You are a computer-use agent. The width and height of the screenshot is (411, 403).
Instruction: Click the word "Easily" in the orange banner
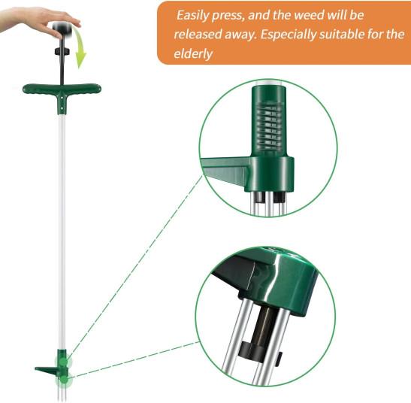(x=192, y=15)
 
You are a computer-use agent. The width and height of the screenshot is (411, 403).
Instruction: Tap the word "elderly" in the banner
(x=193, y=54)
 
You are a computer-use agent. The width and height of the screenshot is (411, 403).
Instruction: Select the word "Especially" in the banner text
(x=288, y=35)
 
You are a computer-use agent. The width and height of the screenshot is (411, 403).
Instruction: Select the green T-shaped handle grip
(x=62, y=90)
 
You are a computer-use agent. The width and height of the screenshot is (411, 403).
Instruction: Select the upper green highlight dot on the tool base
(x=63, y=362)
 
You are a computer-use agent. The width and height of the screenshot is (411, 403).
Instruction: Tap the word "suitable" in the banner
(x=341, y=35)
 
